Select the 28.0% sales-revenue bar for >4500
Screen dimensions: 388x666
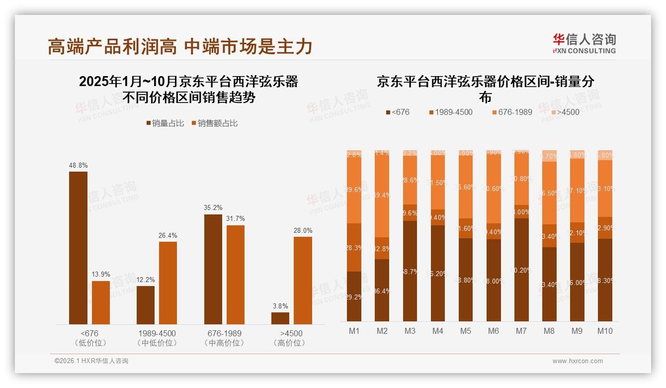point(303,281)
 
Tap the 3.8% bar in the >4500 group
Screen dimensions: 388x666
point(280,318)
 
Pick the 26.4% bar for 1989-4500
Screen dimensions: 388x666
point(168,283)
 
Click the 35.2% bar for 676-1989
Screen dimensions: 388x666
point(213,269)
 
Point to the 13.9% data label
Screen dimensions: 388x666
point(101,275)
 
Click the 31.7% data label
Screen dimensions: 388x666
point(236,219)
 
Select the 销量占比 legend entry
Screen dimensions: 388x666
point(164,123)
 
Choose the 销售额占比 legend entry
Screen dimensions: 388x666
point(214,123)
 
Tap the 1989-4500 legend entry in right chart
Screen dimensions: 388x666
point(450,112)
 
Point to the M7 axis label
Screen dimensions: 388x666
point(521,331)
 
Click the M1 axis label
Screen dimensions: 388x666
point(354,331)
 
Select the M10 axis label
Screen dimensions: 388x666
point(605,331)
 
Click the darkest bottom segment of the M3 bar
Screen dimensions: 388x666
point(410,271)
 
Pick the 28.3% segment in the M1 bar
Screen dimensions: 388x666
point(354,248)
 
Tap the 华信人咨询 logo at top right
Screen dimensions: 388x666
point(584,43)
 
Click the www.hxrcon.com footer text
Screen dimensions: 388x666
point(578,361)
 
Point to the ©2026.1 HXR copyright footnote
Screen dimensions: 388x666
point(91,361)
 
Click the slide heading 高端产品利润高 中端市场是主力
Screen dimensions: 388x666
point(180,47)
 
